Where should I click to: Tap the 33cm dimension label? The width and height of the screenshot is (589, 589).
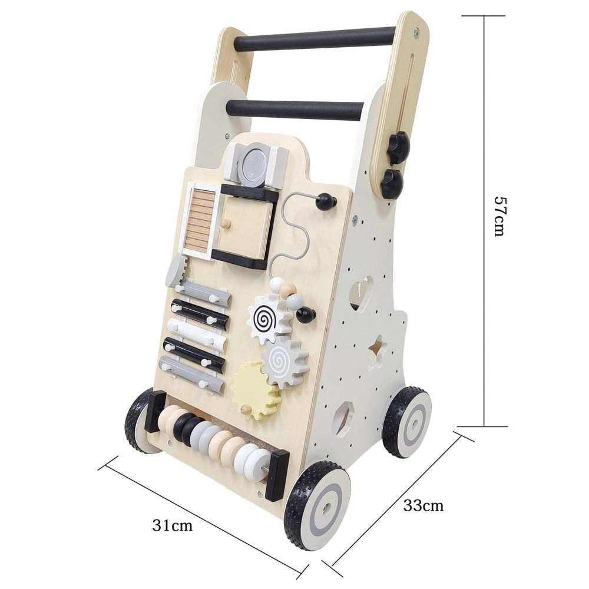tap(423, 505)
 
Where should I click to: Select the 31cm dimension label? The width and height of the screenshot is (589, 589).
tap(173, 525)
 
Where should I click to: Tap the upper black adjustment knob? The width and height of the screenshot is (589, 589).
tap(398, 150)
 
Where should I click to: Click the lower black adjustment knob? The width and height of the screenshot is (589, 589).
tap(392, 183)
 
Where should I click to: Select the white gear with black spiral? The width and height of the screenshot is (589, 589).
tap(268, 320)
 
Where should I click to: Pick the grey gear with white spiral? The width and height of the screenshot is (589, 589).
tap(284, 360)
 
